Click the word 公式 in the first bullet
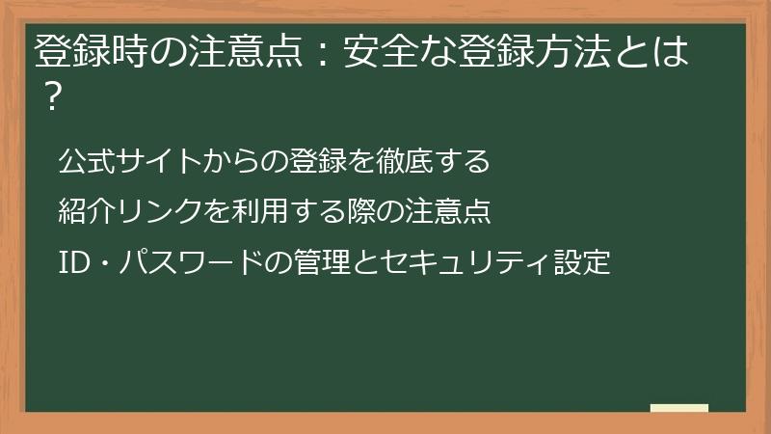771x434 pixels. (x=84, y=161)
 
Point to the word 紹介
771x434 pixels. (x=84, y=211)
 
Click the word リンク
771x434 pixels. (x=160, y=211)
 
